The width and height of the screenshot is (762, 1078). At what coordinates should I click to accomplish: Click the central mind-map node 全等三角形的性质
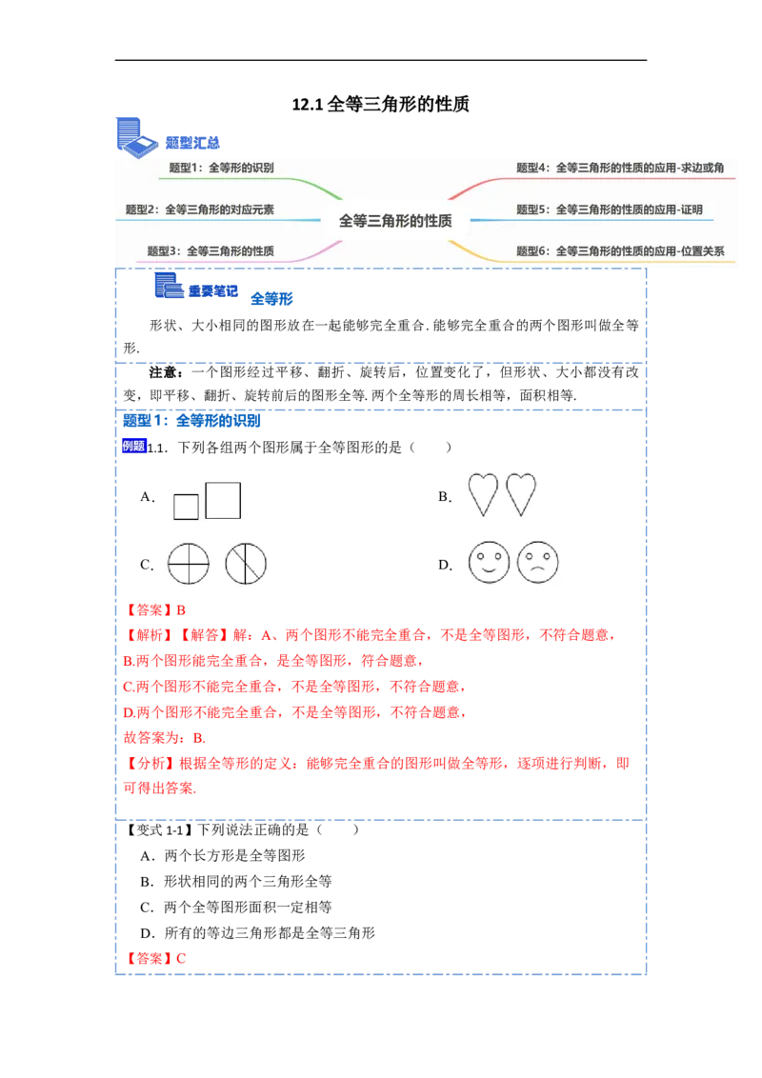click(x=395, y=220)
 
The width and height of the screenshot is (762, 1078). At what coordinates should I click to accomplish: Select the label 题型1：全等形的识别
click(x=221, y=168)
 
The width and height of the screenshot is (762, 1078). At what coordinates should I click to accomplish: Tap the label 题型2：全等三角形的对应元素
click(x=200, y=210)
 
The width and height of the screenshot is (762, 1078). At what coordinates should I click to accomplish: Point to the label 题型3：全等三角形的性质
click(x=211, y=251)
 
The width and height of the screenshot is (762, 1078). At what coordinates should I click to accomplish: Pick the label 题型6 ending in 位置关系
click(x=620, y=251)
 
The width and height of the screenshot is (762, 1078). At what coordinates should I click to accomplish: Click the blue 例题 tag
click(x=134, y=445)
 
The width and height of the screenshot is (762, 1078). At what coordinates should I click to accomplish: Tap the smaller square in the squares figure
click(x=186, y=507)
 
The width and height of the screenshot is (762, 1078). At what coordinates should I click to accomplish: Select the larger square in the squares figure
click(x=223, y=500)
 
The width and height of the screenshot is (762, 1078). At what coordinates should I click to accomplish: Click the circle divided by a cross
click(x=188, y=564)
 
